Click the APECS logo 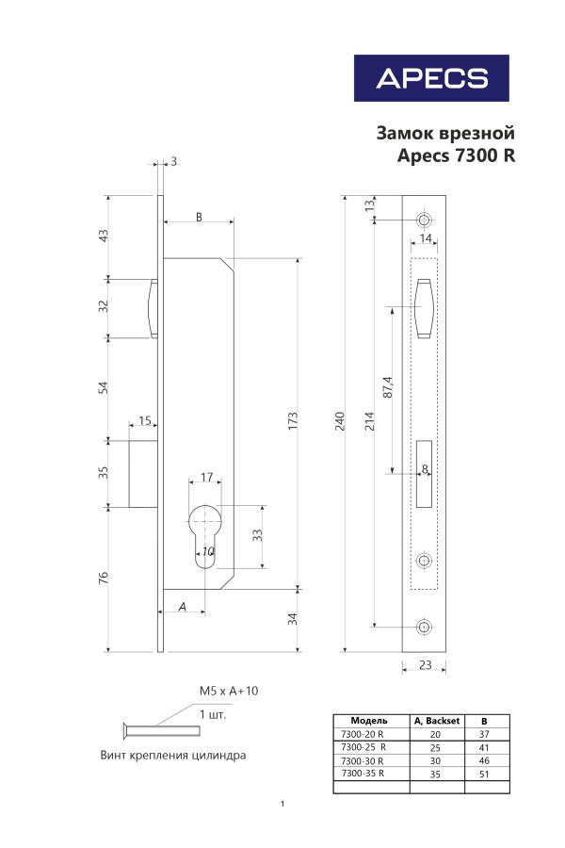(431, 78)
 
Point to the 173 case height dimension (293, 417)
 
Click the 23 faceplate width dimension (425, 665)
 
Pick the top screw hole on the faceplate (424, 220)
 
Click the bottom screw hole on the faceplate (424, 627)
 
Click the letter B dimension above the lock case (199, 217)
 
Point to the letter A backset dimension (182, 607)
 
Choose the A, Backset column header (435, 720)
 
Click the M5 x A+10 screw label (228, 691)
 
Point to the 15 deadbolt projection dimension (145, 420)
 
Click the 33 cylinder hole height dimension (256, 536)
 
